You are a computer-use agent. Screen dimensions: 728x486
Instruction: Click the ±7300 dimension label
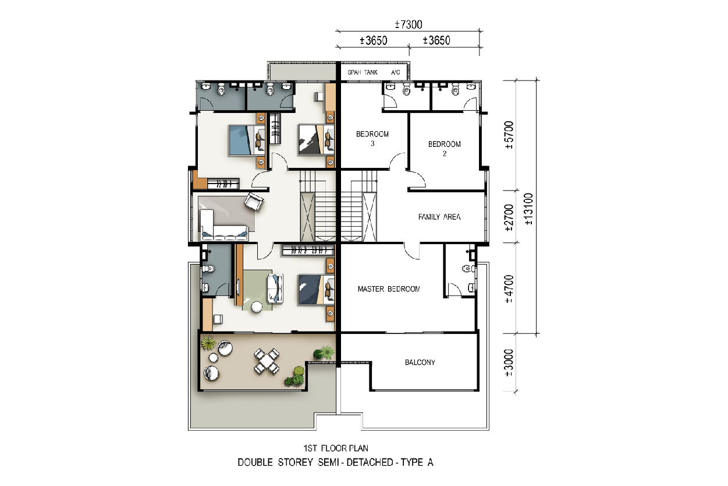pos(409,24)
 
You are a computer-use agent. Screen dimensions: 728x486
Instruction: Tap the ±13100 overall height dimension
pos(529,209)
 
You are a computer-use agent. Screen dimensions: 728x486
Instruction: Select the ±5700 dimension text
pos(509,135)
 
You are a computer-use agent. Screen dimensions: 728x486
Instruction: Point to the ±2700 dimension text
pos(509,218)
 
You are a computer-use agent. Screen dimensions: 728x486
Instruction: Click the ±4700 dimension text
pos(509,289)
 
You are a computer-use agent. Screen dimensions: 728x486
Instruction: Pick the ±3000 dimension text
pos(509,363)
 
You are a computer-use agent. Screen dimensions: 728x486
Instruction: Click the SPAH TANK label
pos(363,72)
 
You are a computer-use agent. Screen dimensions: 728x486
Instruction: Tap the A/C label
pos(396,72)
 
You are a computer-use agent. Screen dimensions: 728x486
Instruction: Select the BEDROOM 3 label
pos(372,138)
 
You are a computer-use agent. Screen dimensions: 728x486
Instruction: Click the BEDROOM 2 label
pos(444,149)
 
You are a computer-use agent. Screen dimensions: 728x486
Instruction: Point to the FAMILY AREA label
pos(439,217)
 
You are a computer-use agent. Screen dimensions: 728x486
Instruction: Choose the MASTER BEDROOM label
pos(389,288)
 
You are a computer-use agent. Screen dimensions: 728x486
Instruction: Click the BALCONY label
pos(420,362)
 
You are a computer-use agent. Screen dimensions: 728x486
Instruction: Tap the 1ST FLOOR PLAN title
pos(336,448)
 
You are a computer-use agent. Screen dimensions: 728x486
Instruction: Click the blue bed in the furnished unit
pos(247,140)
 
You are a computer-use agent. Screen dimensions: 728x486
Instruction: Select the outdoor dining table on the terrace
pos(267,361)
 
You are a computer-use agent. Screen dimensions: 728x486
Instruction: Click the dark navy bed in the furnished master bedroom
pos(316,290)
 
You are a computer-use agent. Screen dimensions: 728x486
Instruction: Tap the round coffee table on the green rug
pos(257,307)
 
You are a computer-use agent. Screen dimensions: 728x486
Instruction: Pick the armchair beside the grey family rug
pos(254,202)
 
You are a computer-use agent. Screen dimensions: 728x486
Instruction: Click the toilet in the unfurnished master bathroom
pos(468,269)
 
